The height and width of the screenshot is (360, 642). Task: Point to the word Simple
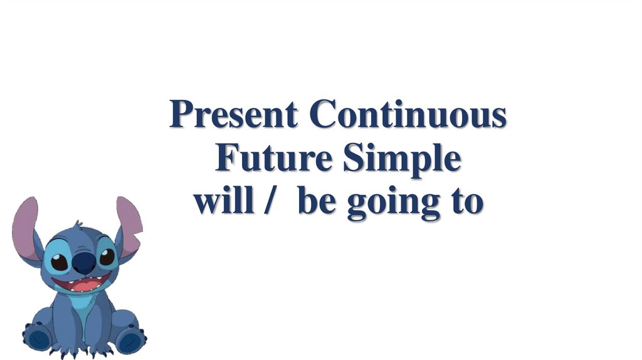(x=402, y=160)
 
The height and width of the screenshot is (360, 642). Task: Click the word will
(x=219, y=202)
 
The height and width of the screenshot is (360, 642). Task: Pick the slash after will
(x=270, y=203)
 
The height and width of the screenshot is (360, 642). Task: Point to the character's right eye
(x=107, y=257)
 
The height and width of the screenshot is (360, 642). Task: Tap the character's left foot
(x=39, y=339)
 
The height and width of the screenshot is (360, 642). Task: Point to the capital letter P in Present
(x=181, y=115)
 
